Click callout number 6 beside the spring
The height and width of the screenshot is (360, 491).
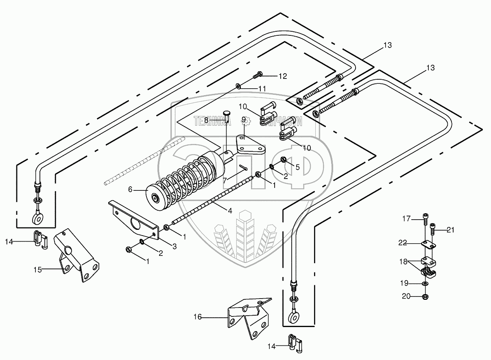[131, 189]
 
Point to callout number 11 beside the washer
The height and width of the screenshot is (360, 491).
[263, 88]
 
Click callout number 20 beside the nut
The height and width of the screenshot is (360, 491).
[406, 297]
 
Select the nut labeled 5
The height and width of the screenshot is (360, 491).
[283, 159]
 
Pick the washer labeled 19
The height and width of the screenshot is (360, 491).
[425, 283]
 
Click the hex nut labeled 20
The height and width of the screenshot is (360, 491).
[425, 297]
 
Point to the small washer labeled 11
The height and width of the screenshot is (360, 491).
[238, 86]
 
